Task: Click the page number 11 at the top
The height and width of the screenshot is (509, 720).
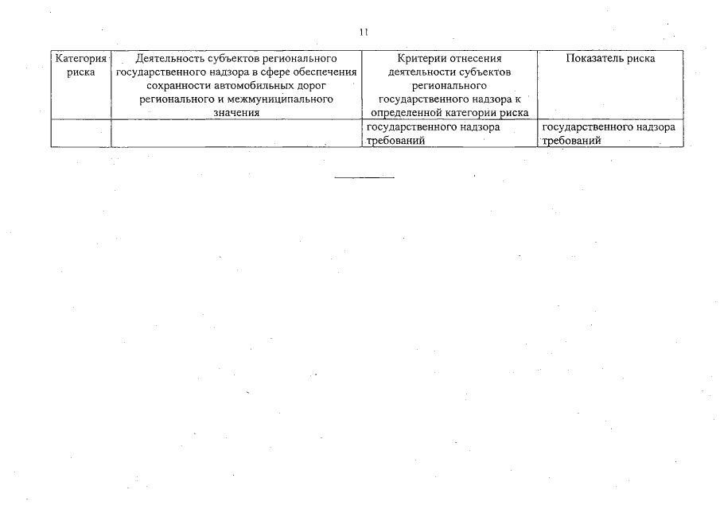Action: tap(364, 33)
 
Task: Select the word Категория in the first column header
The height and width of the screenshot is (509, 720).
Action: tap(81, 59)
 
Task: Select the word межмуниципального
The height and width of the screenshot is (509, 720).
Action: tap(277, 99)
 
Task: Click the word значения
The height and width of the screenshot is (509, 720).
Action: tap(236, 113)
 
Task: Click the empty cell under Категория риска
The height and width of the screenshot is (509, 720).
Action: tap(81, 133)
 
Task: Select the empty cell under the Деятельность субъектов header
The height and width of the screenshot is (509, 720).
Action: tap(236, 133)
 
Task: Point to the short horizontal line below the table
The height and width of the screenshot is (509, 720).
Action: tap(364, 177)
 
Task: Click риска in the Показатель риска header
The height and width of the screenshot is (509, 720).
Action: tap(640, 59)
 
